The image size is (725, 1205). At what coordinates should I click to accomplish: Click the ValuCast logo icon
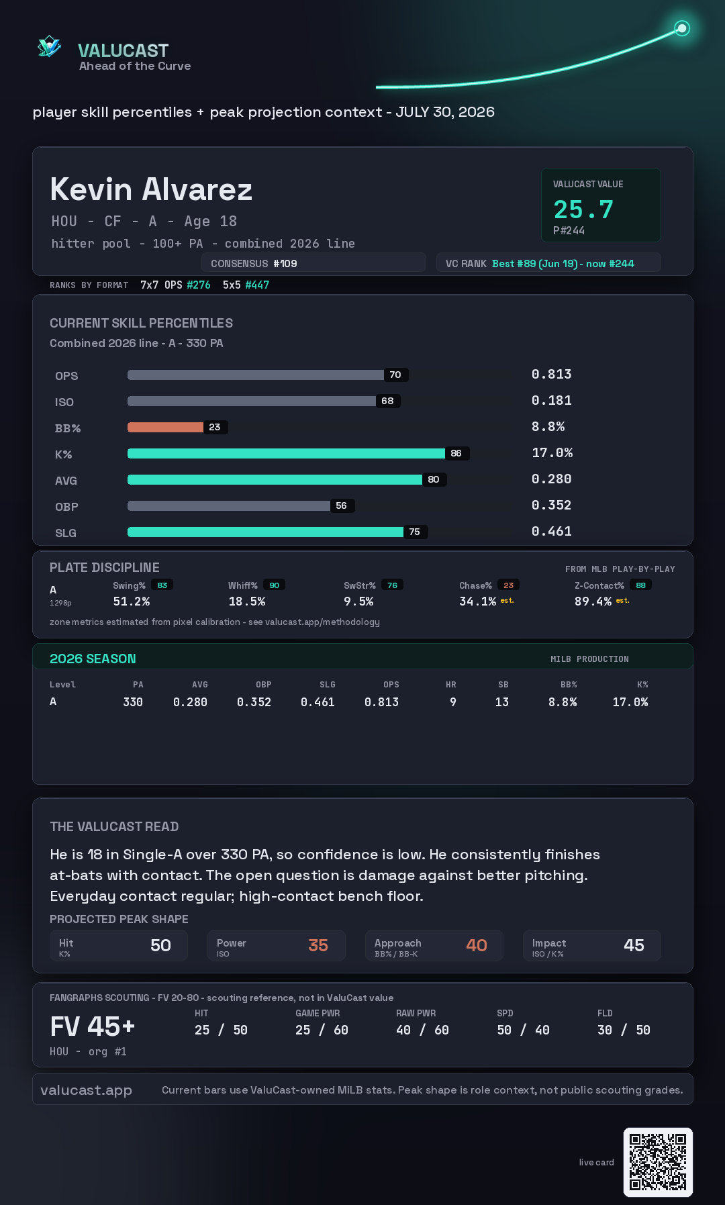(49, 47)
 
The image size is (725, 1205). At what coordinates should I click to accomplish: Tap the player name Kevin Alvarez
(151, 189)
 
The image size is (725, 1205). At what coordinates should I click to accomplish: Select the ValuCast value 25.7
(583, 209)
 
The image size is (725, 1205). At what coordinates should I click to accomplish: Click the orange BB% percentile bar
(165, 427)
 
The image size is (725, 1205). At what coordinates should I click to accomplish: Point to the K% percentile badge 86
(456, 453)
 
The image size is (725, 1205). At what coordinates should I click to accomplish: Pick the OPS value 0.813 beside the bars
(551, 374)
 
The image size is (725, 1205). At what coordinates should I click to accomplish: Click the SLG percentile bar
(265, 532)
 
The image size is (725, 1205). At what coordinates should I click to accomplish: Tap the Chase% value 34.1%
(477, 601)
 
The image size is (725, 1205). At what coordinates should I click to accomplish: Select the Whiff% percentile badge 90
(274, 585)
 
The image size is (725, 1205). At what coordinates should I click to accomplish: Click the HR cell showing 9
(453, 702)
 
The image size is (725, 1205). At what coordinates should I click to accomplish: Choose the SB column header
(503, 685)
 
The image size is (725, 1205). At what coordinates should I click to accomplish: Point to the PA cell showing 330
(133, 702)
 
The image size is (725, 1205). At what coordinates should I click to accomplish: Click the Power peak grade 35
(318, 945)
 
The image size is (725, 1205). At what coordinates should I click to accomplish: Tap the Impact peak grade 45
(634, 945)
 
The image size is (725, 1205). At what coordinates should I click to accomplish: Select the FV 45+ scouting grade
(93, 1026)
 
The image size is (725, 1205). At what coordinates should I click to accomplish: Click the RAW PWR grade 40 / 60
(422, 1030)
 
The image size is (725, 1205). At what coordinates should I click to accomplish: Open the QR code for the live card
(658, 1162)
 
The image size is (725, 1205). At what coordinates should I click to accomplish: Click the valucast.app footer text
(86, 1090)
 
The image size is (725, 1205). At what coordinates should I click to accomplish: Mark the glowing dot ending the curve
(682, 28)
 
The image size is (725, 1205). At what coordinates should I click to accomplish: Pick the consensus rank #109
(285, 264)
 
